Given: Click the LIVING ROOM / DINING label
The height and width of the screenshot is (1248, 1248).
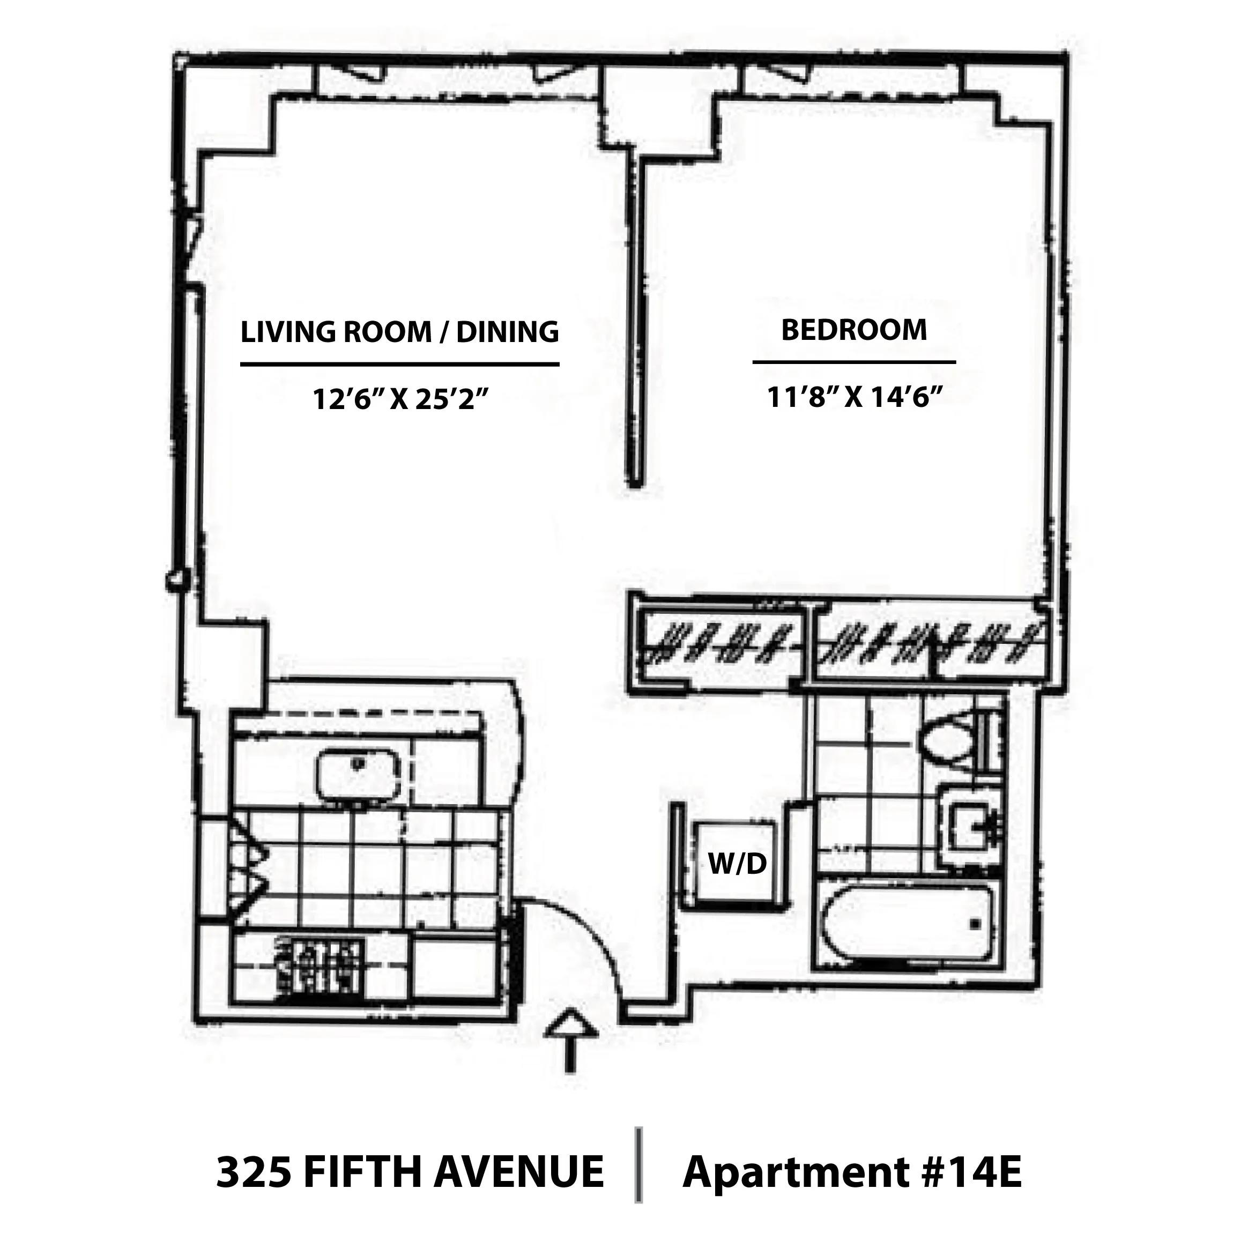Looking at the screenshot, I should pos(399,332).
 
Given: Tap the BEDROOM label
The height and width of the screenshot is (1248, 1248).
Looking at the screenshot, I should pos(853,330).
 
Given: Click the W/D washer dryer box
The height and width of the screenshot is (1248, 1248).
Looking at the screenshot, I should pos(737,863).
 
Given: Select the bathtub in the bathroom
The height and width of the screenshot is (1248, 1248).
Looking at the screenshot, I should pos(908,924).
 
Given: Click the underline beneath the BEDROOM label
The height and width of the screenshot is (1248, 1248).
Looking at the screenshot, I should pos(853,362).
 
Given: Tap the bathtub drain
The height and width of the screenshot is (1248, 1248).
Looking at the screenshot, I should pos(975,924).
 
